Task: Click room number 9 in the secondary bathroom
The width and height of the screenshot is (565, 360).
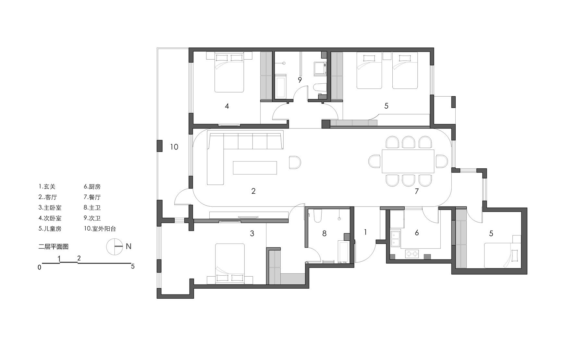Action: click(300, 80)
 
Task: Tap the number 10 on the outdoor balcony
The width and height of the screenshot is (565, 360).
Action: click(174, 147)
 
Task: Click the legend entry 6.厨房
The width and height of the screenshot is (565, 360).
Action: click(92, 187)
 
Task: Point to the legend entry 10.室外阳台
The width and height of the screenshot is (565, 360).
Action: click(100, 229)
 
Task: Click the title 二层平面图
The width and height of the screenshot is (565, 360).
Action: click(53, 247)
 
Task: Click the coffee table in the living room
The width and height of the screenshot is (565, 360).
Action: click(255, 168)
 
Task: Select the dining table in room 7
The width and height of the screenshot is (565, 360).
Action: click(408, 161)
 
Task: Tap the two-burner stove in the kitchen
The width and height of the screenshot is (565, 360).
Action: click(412, 254)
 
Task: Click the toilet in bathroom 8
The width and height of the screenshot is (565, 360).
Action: click(317, 216)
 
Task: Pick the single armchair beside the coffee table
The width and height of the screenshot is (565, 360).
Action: click(295, 162)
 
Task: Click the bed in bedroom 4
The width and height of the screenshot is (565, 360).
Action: click(229, 73)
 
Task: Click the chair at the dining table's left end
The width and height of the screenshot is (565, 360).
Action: click(375, 161)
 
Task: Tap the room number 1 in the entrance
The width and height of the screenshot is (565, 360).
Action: click(365, 232)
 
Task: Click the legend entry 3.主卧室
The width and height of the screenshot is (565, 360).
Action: click(50, 208)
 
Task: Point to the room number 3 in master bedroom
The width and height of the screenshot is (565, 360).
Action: click(252, 234)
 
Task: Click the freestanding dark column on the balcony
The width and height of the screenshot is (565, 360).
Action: click(159, 146)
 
